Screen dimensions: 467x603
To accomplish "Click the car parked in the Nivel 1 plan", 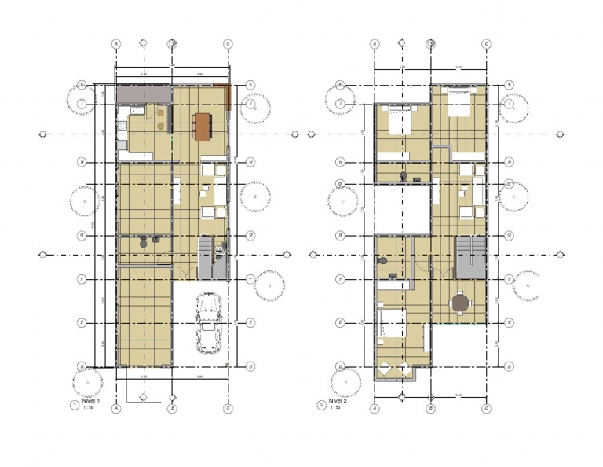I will click(x=209, y=323).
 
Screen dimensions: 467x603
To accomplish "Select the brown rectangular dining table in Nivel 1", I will click(x=203, y=126).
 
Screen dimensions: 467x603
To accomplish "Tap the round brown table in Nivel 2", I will click(x=459, y=303).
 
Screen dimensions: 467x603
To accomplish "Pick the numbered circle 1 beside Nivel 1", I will click(x=75, y=405).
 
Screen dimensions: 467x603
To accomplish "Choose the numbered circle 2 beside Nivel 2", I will click(x=321, y=405).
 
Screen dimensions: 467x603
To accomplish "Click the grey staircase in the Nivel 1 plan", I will click(x=206, y=257).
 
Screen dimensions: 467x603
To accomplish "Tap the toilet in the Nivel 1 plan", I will click(x=143, y=244).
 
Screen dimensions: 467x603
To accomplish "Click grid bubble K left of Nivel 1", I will click(x=82, y=84).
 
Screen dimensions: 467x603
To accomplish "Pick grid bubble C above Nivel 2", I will click(x=486, y=44).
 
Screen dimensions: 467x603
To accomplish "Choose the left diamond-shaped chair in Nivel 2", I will click(x=386, y=368).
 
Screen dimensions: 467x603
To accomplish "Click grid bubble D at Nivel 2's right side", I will click(x=509, y=366).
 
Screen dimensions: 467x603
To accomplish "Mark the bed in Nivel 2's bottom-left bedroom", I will click(x=390, y=324).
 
